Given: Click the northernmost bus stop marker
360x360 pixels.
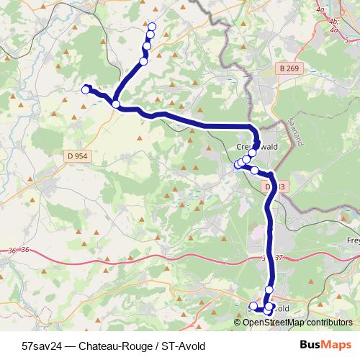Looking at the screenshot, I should pyautogui.click(x=152, y=26).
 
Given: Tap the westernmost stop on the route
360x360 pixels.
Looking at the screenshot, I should pyautogui.click(x=85, y=89).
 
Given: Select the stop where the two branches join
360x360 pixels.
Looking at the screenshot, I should pyautogui.click(x=116, y=104).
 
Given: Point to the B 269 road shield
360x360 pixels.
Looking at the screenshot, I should pyautogui.click(x=289, y=69).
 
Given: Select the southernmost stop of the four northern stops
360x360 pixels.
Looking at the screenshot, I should pyautogui.click(x=143, y=61).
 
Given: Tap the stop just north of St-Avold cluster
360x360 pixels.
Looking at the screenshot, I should pyautogui.click(x=269, y=289).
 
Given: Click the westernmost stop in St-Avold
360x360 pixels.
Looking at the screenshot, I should pyautogui.click(x=253, y=306).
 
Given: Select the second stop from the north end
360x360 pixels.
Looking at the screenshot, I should pyautogui.click(x=150, y=35).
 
